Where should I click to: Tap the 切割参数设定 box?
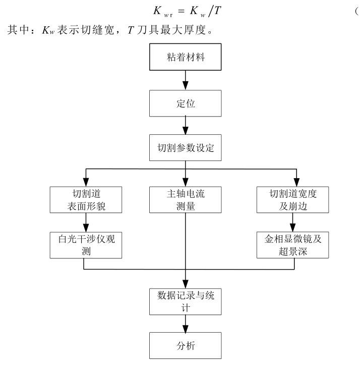click(186, 148)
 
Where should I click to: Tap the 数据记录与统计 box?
click(186, 301)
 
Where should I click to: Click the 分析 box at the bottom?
click(186, 346)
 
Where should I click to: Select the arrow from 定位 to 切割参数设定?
click(186, 126)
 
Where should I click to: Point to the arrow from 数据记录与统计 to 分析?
click(186, 323)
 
